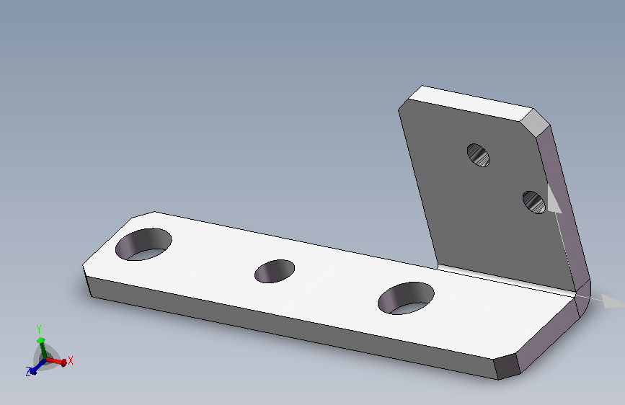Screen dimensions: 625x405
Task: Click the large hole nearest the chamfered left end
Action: click(x=143, y=244)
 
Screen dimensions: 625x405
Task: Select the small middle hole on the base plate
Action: click(x=275, y=271)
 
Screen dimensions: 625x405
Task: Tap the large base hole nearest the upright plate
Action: click(x=406, y=298)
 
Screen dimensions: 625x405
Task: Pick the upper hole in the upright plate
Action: click(x=479, y=155)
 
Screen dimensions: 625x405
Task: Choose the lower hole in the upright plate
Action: click(x=534, y=202)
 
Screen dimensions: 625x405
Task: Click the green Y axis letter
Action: click(x=39, y=329)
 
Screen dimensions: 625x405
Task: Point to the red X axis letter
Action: click(x=71, y=360)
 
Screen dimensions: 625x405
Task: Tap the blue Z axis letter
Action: click(x=28, y=372)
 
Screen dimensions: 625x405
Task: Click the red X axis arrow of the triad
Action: click(x=56, y=362)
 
